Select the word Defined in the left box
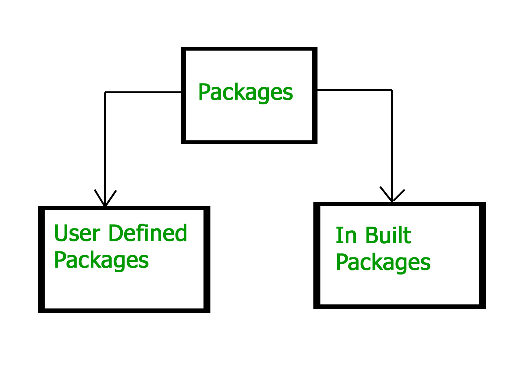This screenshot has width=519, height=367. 148,233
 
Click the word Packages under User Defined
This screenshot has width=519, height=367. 101,260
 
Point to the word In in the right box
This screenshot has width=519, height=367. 346,236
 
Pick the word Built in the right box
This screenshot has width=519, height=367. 388,236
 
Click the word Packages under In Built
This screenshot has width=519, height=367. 383,262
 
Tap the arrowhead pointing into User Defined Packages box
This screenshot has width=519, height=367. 105,201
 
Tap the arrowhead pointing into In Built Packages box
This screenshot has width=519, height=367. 392,197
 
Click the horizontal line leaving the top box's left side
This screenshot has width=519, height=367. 143,92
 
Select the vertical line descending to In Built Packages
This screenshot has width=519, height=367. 392,141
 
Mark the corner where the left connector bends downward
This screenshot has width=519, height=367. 105,92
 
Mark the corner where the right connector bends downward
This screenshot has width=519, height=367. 392,90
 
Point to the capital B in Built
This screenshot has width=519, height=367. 373,236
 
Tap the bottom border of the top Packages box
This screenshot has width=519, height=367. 249,142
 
